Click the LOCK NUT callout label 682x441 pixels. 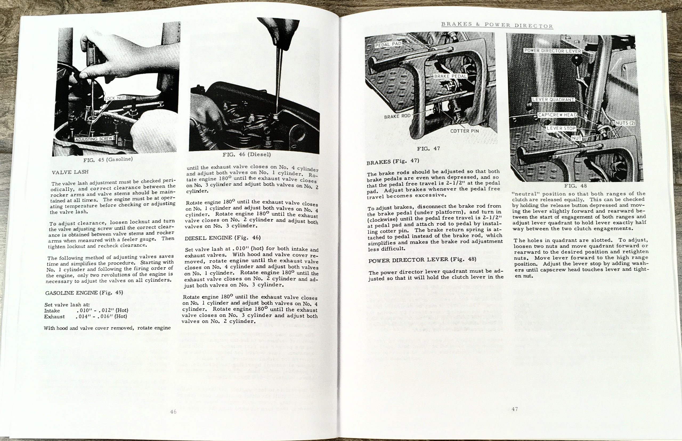pos(115,99)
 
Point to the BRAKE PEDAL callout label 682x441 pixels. pos(450,76)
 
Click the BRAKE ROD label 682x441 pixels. pos(397,116)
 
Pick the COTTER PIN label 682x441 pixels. pos(464,131)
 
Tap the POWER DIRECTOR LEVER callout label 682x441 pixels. pos(552,51)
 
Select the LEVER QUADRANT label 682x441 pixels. pos(553,100)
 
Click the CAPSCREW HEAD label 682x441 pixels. pos(557,115)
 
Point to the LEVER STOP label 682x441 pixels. pos(561,128)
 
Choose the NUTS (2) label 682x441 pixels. pos(625,123)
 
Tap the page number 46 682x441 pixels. pos(173,412)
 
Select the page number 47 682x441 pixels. pos(514,409)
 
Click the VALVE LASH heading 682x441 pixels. pos(70,172)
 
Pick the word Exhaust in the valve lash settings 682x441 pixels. pos(54,317)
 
